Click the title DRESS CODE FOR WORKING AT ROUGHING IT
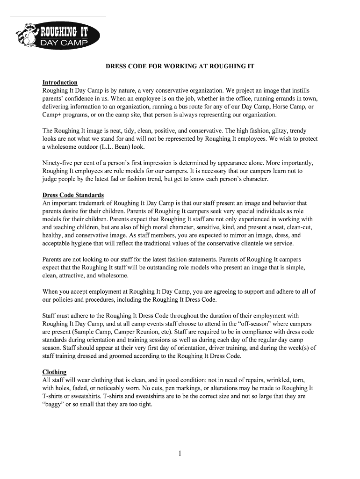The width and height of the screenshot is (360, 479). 180,66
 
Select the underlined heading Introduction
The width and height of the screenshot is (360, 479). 60,82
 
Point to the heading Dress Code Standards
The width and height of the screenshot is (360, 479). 73,195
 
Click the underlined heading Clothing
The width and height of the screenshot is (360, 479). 54,372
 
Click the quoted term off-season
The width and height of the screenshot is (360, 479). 250,324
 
